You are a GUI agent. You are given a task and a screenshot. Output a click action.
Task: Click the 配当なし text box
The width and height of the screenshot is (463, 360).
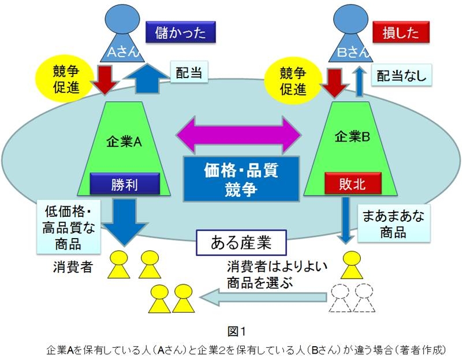coord(401,75)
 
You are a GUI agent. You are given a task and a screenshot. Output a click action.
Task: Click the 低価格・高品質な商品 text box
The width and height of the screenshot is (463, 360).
coord(63,227)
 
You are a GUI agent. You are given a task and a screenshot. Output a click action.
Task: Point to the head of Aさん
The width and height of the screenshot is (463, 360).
coord(121,17)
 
